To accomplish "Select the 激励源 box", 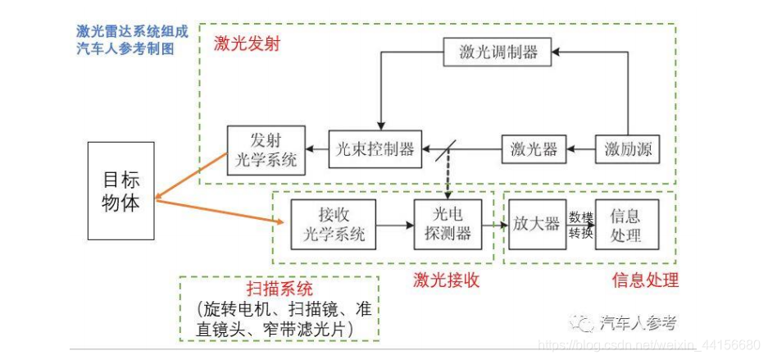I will pos(627,149).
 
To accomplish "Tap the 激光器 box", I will pos(534,149).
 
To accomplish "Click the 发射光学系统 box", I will pos(266,150).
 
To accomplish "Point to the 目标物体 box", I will pos(120,191).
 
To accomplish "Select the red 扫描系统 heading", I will pos(279,289).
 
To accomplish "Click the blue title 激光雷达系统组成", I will pos(132,33).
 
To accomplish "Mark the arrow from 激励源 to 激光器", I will pos(580,150).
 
